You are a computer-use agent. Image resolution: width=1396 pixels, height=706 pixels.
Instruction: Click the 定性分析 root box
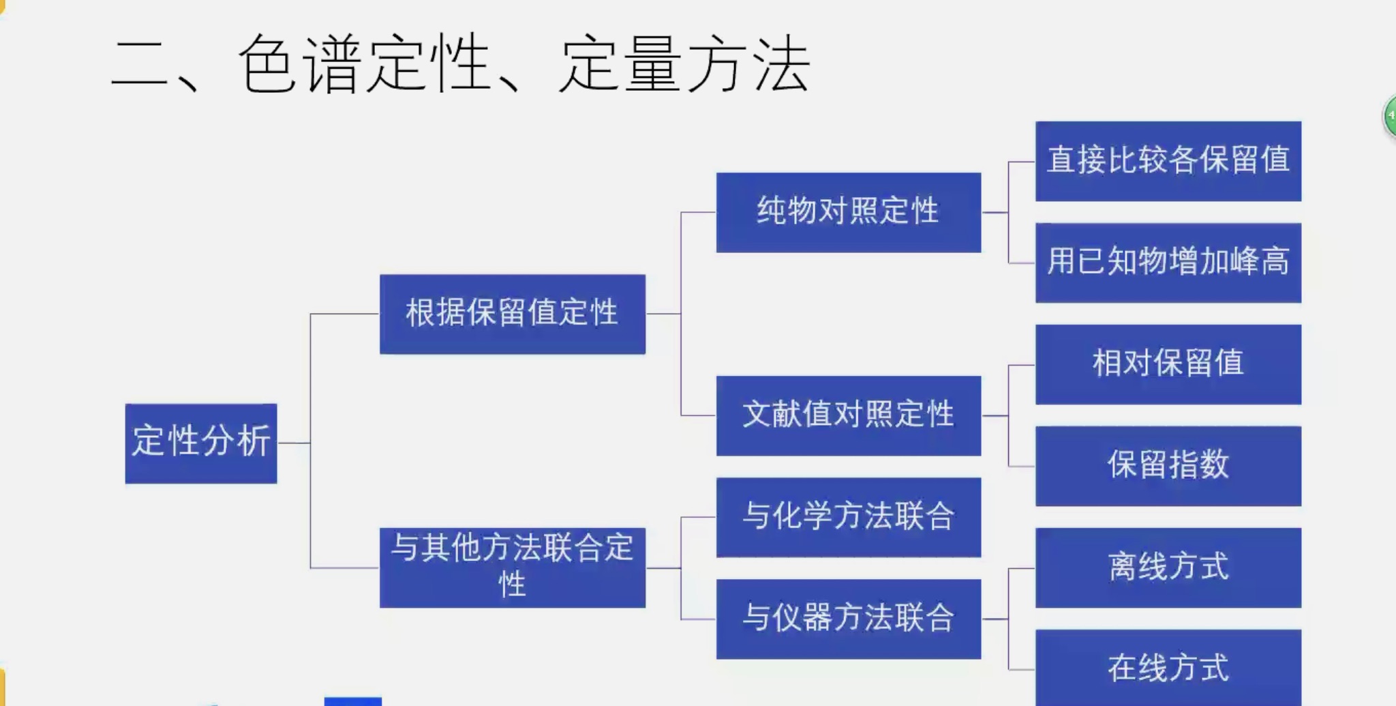coord(201,443)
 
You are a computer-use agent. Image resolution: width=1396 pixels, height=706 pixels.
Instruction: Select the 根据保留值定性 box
coord(513,314)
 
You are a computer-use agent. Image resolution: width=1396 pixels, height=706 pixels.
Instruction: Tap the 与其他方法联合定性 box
coord(513,568)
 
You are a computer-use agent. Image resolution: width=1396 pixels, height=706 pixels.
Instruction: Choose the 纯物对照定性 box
coord(849,212)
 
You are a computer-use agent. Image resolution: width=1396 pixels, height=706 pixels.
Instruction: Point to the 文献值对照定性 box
coord(849,415)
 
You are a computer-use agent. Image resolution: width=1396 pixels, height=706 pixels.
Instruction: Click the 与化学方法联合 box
coord(849,517)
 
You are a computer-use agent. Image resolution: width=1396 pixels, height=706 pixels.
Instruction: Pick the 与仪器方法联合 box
coord(849,619)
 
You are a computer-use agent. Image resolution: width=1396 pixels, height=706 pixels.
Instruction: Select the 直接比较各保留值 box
coord(1168,161)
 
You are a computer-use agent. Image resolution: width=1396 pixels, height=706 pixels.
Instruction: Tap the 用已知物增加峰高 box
coord(1168,263)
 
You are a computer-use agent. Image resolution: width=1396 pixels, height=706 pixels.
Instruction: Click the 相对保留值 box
coord(1168,364)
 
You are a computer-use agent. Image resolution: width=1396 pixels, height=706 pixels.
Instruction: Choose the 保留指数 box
coord(1168,466)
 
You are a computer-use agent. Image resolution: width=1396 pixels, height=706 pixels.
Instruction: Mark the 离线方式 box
coord(1168,568)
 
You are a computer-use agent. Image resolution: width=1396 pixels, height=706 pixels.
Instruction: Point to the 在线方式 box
coord(1168,668)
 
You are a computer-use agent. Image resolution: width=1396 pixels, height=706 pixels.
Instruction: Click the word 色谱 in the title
coord(300,65)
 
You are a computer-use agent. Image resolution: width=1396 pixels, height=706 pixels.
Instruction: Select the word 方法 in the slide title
coord(748,65)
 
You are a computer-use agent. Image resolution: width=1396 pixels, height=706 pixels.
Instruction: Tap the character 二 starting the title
coord(139,65)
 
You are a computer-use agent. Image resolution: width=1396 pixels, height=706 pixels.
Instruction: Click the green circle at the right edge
coord(1390,116)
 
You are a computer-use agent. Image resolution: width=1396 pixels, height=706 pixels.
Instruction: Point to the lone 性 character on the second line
coord(513,585)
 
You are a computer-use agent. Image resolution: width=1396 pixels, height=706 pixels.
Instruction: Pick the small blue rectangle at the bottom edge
coord(352,701)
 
